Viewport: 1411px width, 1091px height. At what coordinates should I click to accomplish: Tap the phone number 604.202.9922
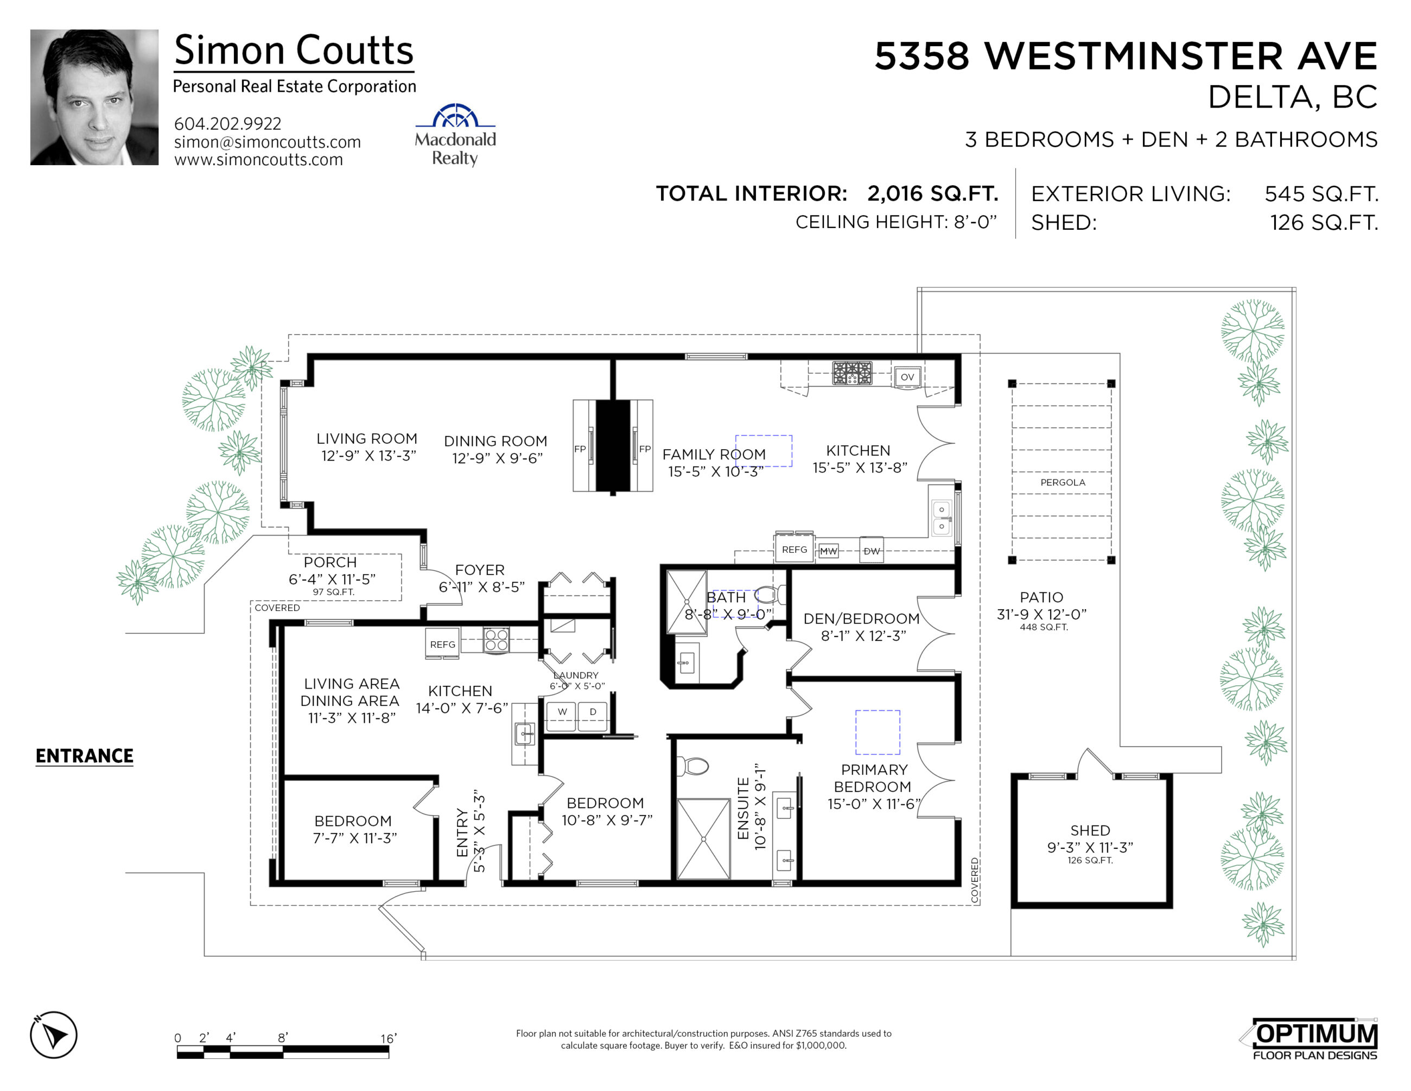[x=227, y=123]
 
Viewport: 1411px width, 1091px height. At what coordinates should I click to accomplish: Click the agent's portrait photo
[x=94, y=97]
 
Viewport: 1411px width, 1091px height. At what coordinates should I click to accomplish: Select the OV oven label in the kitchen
[x=907, y=377]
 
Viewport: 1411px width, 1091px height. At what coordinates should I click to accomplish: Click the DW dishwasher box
[x=872, y=551]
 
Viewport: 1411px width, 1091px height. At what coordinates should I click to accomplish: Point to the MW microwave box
[x=828, y=551]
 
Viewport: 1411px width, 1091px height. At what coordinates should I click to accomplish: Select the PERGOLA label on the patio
[x=1062, y=482]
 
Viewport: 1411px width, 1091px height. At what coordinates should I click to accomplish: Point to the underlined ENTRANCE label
[x=84, y=755]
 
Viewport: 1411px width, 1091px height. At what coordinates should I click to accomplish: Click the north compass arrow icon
[x=54, y=1035]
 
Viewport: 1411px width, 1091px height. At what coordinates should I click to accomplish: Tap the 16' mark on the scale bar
[x=388, y=1038]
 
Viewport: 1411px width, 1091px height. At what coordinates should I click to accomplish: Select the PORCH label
[x=330, y=562]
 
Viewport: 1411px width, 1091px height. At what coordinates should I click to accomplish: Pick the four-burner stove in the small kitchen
[x=496, y=640]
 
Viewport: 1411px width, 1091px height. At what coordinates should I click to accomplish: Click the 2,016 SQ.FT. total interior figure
[x=932, y=193]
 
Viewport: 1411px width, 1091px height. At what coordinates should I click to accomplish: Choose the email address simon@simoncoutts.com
[x=268, y=142]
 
